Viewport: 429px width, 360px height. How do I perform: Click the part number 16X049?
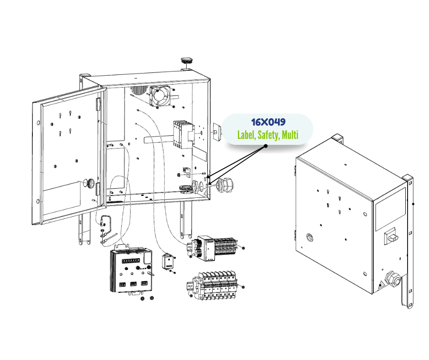(268, 122)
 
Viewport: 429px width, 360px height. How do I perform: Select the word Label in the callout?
(246, 135)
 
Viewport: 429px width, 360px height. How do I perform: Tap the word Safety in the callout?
(268, 135)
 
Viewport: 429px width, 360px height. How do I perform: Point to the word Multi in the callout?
(290, 135)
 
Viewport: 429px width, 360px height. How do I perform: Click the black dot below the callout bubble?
(266, 147)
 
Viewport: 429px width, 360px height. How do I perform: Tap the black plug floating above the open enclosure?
(187, 60)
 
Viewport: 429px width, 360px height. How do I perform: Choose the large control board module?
(131, 271)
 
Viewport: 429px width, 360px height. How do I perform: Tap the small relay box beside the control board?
(168, 262)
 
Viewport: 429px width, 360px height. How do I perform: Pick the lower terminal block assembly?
(214, 286)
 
